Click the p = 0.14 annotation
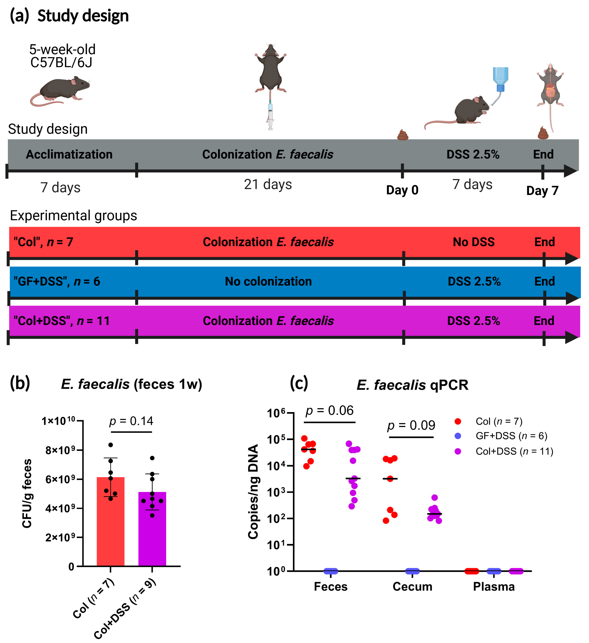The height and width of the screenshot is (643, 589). pyautogui.click(x=131, y=421)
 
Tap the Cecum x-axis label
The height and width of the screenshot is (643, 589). pyautogui.click(x=412, y=587)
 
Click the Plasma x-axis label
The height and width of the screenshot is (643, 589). pyautogui.click(x=494, y=587)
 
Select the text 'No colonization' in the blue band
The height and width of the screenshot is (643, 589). pyautogui.click(x=268, y=281)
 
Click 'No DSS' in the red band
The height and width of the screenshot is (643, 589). pyautogui.click(x=474, y=242)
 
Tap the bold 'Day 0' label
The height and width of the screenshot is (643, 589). pyautogui.click(x=402, y=190)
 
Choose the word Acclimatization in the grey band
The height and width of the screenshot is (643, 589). pyautogui.click(x=69, y=154)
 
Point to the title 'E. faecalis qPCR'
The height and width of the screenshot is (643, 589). pyautogui.click(x=412, y=385)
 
